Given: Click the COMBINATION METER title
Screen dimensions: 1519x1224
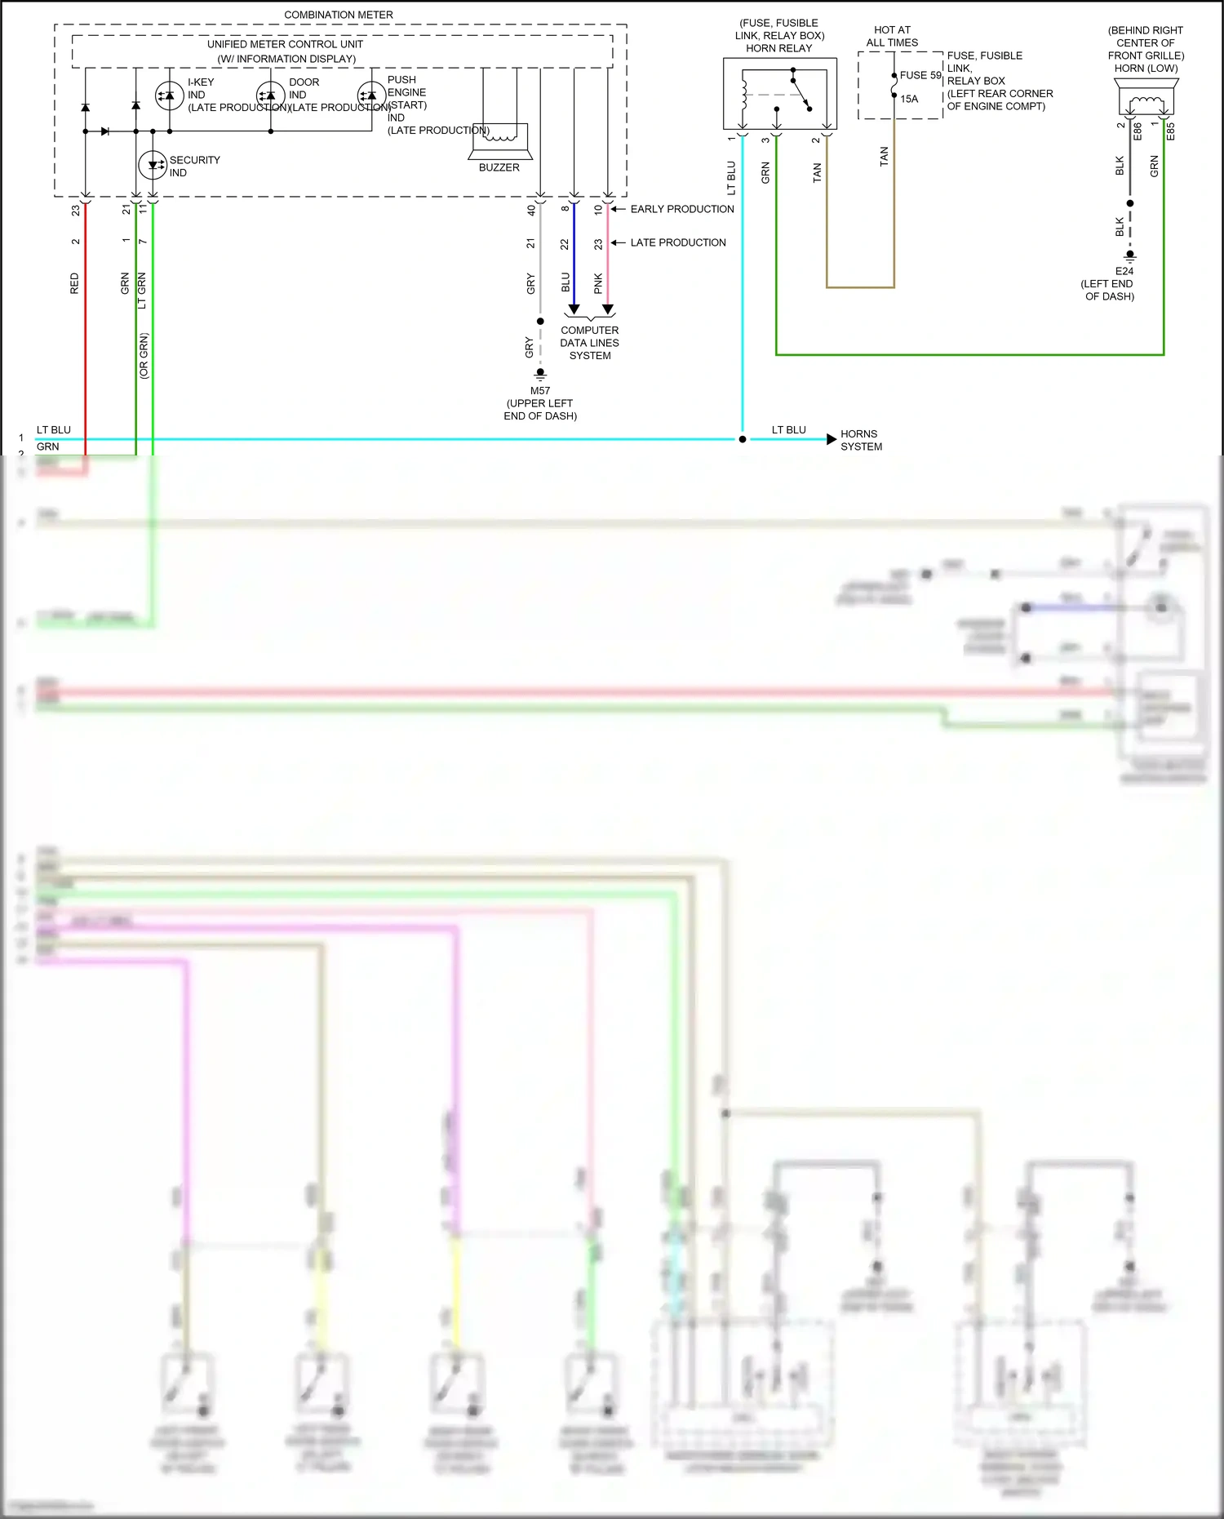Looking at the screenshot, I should pos(338,15).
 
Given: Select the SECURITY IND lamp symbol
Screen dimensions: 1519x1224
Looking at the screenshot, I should pos(153,165).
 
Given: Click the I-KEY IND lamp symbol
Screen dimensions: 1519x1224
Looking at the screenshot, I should pos(169,95).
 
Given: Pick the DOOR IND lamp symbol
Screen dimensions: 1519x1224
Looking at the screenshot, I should pos(270,95).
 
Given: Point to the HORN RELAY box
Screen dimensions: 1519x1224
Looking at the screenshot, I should pos(779,93).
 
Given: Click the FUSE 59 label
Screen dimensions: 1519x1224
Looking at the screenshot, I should pos(920,75).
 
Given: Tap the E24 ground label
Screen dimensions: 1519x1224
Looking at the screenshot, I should pos(1124,271).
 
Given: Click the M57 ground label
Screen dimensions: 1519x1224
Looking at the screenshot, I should pos(539,391).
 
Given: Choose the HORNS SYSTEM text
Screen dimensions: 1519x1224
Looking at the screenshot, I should pos(861,440).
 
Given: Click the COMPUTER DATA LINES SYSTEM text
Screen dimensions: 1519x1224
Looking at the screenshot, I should pos(589,343).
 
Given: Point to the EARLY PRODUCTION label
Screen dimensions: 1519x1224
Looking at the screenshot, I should pos(681,209).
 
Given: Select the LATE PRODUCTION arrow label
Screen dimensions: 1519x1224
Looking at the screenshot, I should pos(677,242).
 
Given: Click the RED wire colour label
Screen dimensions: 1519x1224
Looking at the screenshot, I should pos(75,283).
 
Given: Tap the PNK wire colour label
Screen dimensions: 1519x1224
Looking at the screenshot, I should pos(598,283).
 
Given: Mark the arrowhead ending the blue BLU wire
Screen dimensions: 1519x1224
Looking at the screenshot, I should pos(574,309).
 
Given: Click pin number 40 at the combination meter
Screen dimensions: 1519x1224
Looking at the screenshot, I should pos(531,210).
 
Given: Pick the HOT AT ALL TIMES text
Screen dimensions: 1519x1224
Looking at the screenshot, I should pos(892,36).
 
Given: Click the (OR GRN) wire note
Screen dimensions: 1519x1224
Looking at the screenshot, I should pos(144,355).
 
